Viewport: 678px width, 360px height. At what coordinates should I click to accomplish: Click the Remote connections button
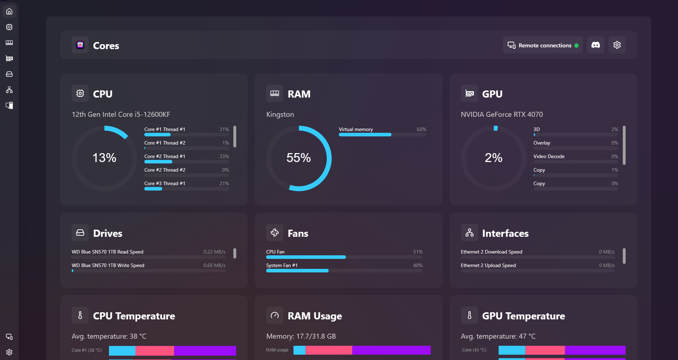(x=543, y=45)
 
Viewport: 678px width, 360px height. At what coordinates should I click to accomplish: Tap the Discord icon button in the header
(x=595, y=45)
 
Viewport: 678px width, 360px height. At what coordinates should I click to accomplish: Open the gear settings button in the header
(x=617, y=45)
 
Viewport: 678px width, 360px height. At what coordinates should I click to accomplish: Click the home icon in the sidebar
(x=9, y=11)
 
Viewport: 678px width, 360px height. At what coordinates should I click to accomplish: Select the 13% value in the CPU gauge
(x=104, y=158)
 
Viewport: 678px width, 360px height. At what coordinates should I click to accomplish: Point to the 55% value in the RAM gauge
(x=299, y=158)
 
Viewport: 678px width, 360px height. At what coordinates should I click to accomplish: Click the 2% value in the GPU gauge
(x=493, y=158)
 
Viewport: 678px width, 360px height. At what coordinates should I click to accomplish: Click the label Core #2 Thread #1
(x=165, y=156)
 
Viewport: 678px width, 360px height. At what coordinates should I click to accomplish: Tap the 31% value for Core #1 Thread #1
(x=224, y=129)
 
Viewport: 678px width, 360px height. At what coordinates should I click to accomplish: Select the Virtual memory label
(x=356, y=129)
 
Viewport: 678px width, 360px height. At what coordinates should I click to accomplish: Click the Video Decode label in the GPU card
(x=549, y=156)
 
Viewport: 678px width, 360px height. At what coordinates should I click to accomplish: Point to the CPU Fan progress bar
(x=344, y=257)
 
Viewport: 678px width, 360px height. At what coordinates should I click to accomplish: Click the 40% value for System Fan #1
(x=418, y=265)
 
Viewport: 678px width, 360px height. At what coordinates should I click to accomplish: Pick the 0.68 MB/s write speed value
(x=214, y=265)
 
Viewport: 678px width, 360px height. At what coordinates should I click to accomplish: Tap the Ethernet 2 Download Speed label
(x=491, y=252)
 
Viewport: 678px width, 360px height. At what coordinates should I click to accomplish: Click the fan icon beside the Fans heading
(x=275, y=233)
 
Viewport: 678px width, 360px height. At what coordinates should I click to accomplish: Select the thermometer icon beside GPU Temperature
(x=469, y=315)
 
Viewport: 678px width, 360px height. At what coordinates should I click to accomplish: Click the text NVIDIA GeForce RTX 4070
(x=502, y=114)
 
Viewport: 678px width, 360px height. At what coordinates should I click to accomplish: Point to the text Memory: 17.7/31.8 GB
(x=301, y=336)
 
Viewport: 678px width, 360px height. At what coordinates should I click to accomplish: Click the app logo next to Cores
(x=80, y=45)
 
